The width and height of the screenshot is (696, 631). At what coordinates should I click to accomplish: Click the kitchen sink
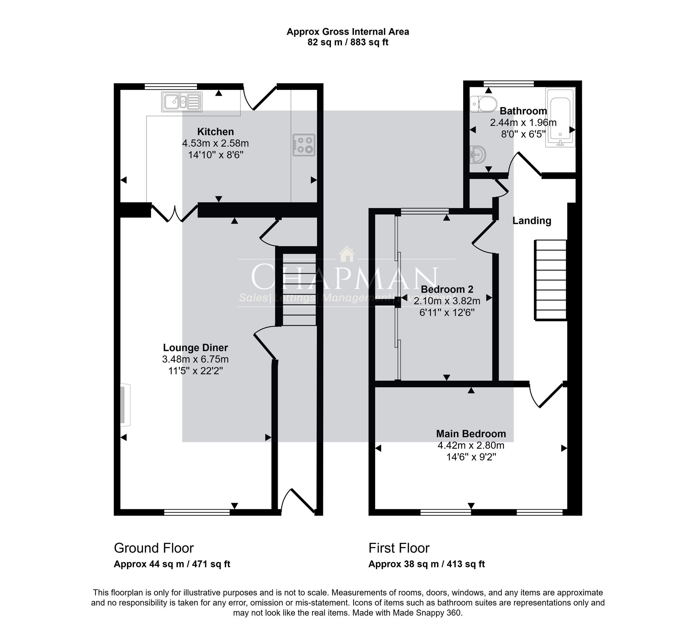tap(181, 102)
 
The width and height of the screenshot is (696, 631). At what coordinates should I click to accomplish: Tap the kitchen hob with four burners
tap(304, 145)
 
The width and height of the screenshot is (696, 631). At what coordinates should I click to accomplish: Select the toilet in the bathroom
tap(483, 104)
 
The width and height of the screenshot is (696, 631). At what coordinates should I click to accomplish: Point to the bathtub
tap(560, 117)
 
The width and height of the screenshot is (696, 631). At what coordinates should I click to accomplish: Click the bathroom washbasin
tap(477, 155)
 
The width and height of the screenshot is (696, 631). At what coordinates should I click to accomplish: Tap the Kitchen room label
tap(215, 132)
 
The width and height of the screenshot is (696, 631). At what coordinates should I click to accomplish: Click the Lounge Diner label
tap(196, 347)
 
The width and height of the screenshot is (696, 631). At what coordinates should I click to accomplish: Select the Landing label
tap(532, 221)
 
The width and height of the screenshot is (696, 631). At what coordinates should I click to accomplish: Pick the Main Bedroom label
tap(471, 434)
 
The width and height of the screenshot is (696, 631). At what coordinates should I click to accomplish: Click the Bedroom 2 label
tap(447, 289)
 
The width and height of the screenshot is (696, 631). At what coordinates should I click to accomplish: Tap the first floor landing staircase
tap(551, 280)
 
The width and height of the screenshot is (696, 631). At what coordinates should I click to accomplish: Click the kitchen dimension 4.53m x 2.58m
tap(215, 143)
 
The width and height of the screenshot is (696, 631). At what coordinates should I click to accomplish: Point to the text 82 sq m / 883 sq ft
tap(348, 42)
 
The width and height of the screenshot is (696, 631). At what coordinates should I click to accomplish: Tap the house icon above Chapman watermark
tap(347, 254)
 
